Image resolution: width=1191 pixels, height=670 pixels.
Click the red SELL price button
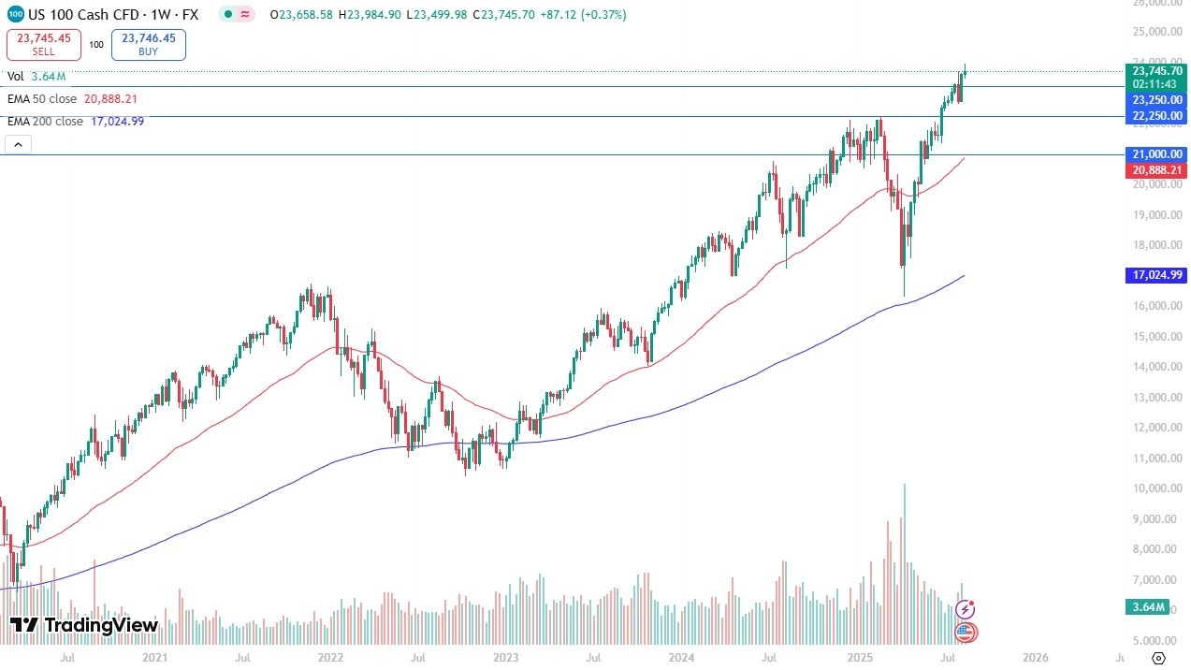click(x=43, y=45)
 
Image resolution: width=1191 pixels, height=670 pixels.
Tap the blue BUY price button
click(x=148, y=45)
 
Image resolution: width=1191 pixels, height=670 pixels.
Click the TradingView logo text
click(x=84, y=625)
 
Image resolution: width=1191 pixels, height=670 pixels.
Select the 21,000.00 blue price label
click(x=1157, y=154)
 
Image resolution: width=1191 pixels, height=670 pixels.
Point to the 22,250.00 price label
click(x=1157, y=115)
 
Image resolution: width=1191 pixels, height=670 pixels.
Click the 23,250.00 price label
click(x=1157, y=99)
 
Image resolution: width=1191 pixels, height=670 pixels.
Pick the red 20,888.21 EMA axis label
click(x=1157, y=170)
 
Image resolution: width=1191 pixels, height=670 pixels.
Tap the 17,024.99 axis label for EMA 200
click(x=1157, y=275)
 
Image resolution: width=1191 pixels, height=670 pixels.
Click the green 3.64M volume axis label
click(x=1146, y=608)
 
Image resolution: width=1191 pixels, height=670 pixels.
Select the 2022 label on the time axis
click(x=330, y=658)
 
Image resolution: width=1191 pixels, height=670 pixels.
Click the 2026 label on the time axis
click(x=1034, y=658)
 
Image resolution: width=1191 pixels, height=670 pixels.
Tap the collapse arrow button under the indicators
click(x=18, y=144)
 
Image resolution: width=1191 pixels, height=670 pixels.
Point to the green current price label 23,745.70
click(x=1157, y=70)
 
